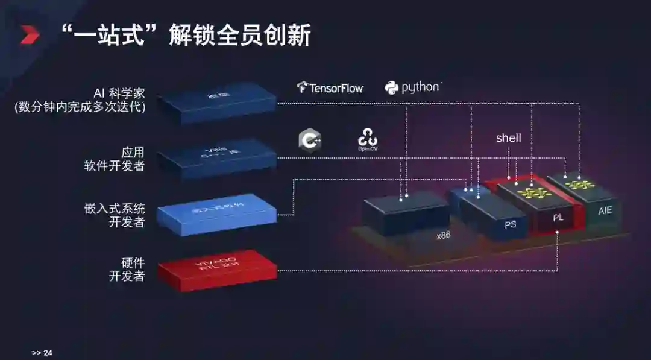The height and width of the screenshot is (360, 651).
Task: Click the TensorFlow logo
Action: point(330,88)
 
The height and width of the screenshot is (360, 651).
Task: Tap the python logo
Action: point(413,87)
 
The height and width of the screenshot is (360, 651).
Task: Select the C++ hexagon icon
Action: point(310,139)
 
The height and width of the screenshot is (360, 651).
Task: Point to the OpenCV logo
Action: point(368,139)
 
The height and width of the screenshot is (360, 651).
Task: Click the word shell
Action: point(508,138)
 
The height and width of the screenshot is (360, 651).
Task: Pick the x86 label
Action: point(443,235)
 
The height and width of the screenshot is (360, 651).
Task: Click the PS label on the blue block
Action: point(510,224)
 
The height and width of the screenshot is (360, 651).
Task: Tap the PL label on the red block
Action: point(558,217)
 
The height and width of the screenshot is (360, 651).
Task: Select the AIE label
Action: point(605,211)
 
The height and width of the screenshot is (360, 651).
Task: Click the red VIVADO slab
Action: point(217,266)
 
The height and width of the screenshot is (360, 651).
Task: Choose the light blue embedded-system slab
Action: point(217,213)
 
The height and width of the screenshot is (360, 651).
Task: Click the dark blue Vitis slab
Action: point(217,158)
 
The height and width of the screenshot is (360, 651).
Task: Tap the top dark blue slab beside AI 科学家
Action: point(217,101)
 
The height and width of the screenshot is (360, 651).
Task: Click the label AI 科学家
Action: point(119,93)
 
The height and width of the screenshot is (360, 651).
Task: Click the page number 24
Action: point(48,353)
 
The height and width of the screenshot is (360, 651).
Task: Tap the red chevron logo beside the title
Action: point(30,35)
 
